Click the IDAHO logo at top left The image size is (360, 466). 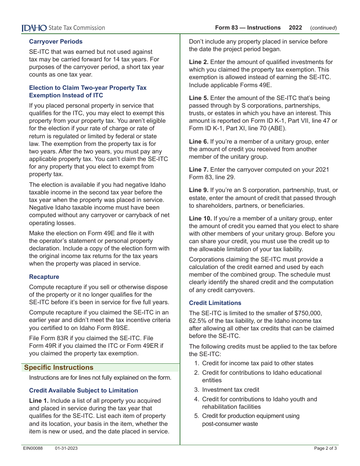34,28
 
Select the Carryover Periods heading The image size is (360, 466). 56,41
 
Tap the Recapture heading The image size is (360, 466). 44,277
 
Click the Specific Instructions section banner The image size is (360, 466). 59,367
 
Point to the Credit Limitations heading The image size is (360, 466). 215,303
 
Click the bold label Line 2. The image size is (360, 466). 199,62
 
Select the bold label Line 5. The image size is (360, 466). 199,98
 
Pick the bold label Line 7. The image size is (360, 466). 199,170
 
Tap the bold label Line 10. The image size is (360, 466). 200,218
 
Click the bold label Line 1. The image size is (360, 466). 39,400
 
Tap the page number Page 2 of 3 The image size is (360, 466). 325,448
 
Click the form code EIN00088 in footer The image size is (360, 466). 33,448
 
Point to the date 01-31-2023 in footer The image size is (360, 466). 66,448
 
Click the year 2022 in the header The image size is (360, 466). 295,28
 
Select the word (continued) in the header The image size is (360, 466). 323,28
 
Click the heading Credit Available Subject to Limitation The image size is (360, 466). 83,390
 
